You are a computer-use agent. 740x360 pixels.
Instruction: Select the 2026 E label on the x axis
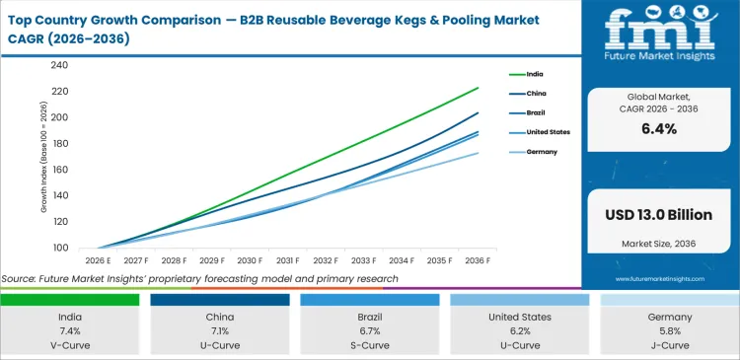97,260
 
